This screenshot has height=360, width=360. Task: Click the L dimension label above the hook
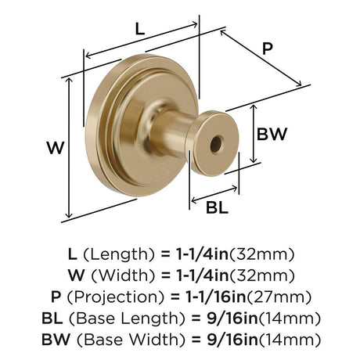(x=140, y=29)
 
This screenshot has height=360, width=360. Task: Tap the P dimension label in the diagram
(x=268, y=49)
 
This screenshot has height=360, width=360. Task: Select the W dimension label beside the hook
(x=56, y=147)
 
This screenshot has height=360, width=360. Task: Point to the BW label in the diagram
(x=272, y=134)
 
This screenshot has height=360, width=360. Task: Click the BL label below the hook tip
(x=217, y=208)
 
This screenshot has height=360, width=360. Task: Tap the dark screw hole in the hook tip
(x=216, y=144)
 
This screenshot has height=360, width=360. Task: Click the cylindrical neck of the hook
(x=171, y=132)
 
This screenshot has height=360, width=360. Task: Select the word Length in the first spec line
(x=119, y=254)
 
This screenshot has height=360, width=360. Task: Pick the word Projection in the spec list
(x=116, y=297)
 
